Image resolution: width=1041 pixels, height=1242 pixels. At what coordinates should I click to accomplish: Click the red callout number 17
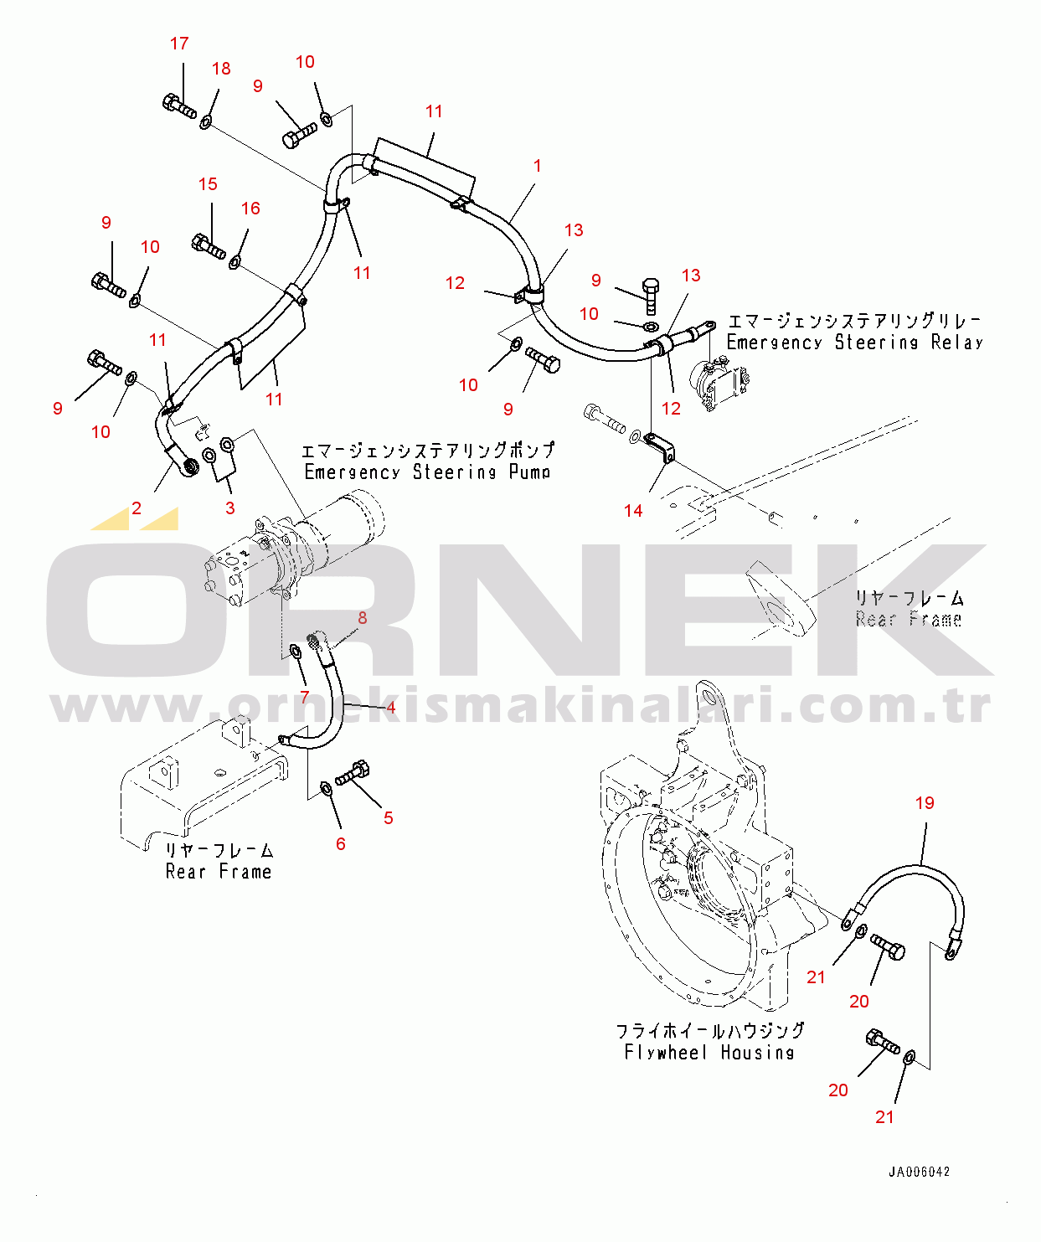(x=179, y=44)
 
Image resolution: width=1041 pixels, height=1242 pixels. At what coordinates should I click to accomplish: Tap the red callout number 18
(x=221, y=69)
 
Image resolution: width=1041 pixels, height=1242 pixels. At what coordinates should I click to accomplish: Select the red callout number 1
(x=537, y=166)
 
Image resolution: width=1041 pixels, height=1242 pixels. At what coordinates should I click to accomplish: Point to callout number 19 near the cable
(x=925, y=803)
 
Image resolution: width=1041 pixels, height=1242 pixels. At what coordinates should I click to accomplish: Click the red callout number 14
(x=633, y=511)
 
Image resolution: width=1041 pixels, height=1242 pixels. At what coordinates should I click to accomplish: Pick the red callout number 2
(x=137, y=508)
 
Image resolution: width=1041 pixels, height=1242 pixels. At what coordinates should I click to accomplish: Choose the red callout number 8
(x=363, y=618)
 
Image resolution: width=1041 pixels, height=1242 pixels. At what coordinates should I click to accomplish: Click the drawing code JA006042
(x=920, y=1172)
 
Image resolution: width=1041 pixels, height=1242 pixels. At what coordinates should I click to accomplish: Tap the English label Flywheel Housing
(x=709, y=1053)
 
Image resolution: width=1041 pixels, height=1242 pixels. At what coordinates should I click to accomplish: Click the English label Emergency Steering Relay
(x=854, y=343)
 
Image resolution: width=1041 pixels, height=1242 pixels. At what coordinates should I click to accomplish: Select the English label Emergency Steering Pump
(x=427, y=472)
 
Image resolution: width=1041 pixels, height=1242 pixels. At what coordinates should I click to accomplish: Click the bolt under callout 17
(x=179, y=106)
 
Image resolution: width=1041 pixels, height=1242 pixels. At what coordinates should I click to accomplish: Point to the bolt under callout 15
(x=209, y=246)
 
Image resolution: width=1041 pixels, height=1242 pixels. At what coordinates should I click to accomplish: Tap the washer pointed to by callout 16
(x=235, y=263)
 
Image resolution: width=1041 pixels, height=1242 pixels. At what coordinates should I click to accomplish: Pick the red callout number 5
(x=389, y=818)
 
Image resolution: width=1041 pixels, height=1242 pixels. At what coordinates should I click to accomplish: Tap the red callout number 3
(x=229, y=508)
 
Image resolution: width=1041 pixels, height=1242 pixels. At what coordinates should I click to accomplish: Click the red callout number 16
(x=250, y=209)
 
